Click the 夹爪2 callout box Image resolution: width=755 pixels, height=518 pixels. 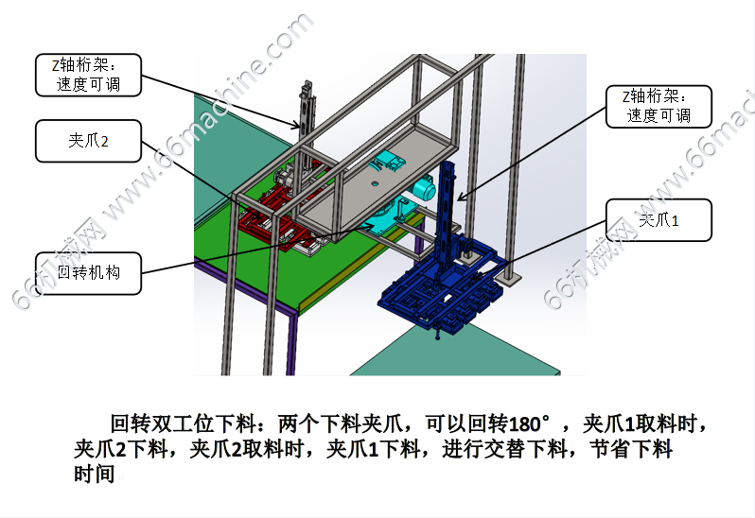point(88,141)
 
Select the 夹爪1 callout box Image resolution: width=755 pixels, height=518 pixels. point(658,220)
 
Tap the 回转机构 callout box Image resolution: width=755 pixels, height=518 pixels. point(88,273)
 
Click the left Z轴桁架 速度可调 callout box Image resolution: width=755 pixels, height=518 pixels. point(88,75)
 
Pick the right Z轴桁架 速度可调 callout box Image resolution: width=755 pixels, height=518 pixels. point(658,106)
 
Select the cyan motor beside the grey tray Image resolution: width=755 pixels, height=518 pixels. point(424,190)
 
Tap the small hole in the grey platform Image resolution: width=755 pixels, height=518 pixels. point(375,183)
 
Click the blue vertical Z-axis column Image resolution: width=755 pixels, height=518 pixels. point(447,212)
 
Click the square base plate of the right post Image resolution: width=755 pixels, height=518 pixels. point(510,279)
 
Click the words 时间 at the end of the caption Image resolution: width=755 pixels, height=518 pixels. point(95,474)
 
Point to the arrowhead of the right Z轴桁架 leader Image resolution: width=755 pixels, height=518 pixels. point(460,198)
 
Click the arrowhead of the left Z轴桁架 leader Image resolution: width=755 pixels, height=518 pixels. point(295,126)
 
